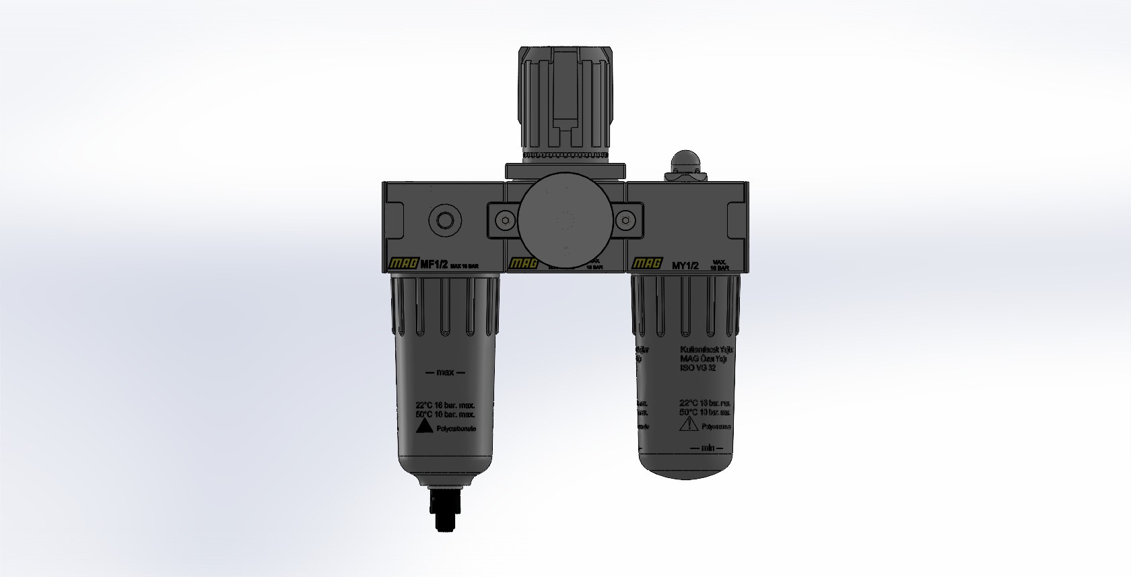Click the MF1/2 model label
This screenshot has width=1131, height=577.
434,265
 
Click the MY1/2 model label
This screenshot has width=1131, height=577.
686,265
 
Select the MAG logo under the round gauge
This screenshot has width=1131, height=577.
524,265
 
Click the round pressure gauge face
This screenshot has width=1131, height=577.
565,220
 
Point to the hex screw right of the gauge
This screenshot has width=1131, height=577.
625,220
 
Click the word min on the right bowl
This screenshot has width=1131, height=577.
707,448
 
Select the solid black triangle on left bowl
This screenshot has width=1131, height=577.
423,427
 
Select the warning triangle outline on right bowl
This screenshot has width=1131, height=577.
689,424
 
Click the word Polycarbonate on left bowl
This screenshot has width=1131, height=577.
456,428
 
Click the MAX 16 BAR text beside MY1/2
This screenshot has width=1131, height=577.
719,265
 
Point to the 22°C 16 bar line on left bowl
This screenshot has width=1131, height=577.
445,405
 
